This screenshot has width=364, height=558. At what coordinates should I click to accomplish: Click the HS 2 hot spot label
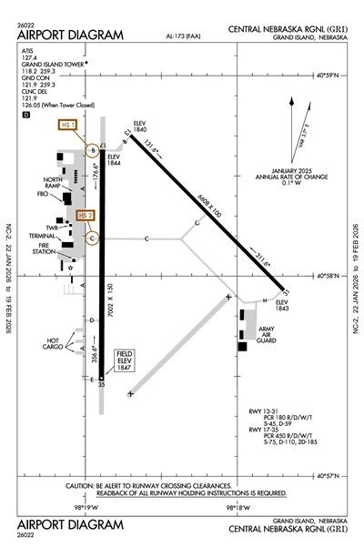click(x=86, y=215)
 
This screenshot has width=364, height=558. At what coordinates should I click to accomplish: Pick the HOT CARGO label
click(x=56, y=344)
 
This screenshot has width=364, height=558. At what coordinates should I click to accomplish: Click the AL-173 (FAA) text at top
click(x=185, y=36)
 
